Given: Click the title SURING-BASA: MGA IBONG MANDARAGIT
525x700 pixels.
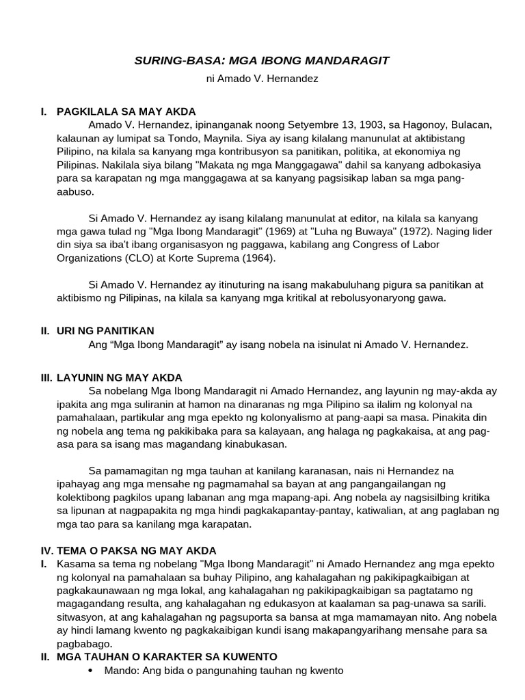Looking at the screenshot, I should pos(262,61).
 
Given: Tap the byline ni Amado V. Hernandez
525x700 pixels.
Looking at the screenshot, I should pos(262,79).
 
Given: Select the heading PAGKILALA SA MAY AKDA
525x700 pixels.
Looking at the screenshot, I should pos(126,111).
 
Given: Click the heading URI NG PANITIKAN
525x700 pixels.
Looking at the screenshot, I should pos(105,331).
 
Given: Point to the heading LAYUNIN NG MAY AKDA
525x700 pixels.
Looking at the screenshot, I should pos(120,378).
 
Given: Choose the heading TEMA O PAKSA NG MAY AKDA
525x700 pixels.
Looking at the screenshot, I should pos(137,550).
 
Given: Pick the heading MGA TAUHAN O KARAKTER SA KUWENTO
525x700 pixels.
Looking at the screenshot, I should pos(167,657).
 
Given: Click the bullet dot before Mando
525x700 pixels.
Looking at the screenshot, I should pos(93,671).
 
